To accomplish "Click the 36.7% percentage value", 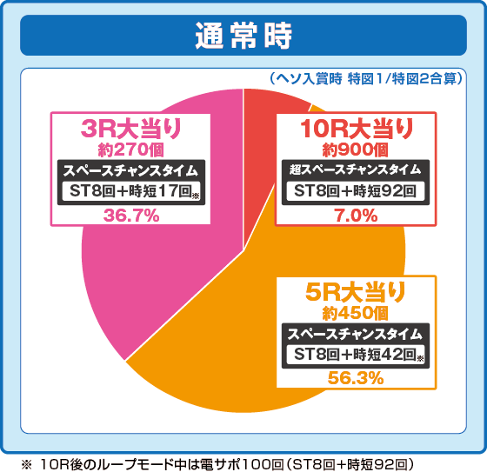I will (130, 216).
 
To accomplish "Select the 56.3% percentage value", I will (357, 377).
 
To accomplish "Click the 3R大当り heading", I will (130, 129).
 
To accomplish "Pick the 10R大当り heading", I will (357, 129).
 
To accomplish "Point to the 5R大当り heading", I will (357, 292).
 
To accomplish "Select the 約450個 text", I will (357, 312).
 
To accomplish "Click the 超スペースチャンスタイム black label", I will (357, 169).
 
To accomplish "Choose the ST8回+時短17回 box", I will (130, 192).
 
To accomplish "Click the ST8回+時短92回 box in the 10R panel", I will (357, 191).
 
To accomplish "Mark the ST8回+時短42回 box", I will (357, 355).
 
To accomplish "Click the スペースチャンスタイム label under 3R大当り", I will (130, 170).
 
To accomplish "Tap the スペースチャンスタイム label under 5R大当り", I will (357, 333).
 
